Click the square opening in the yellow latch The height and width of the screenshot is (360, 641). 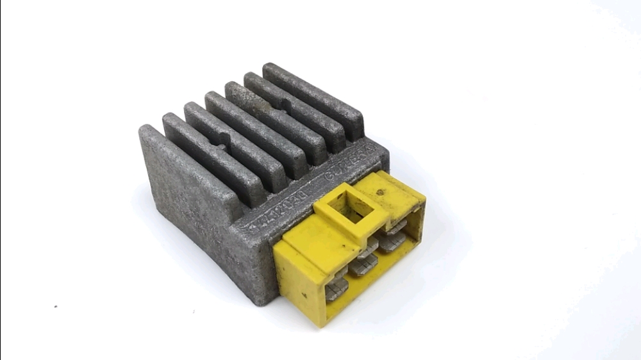349,209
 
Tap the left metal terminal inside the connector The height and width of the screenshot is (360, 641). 336,290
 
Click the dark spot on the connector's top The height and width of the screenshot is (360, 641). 380,191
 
